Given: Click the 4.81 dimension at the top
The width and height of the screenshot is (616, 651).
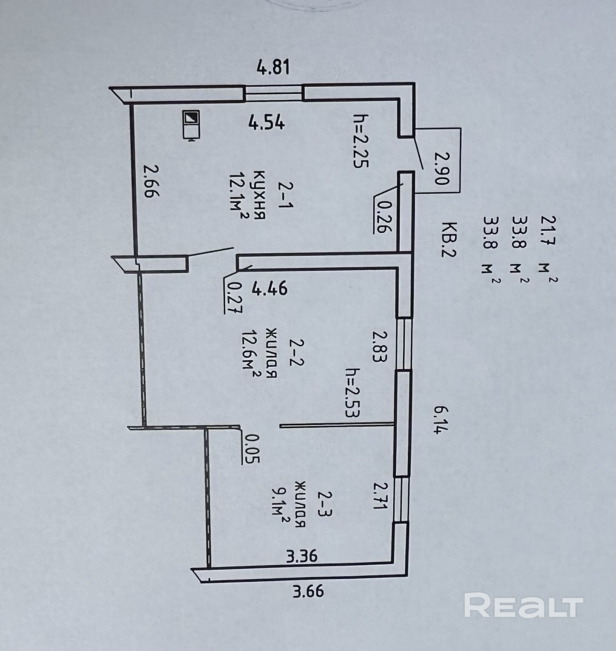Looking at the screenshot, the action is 273,67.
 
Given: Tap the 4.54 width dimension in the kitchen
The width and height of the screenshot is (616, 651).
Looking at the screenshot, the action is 267,123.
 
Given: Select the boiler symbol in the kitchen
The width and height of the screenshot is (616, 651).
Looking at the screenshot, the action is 192,125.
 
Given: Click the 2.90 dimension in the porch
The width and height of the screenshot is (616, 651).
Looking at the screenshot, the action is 441,168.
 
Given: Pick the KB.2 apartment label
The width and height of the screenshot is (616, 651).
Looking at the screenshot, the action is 449,240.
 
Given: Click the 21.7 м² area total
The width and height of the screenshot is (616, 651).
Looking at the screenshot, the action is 548,249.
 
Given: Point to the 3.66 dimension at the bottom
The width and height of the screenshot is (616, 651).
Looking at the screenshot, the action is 308,591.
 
